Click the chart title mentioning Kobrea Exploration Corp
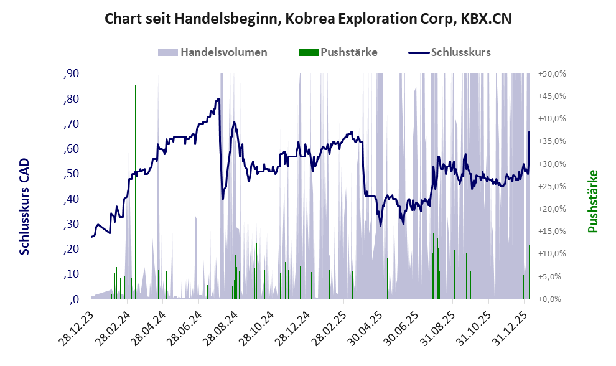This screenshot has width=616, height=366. point(308,19)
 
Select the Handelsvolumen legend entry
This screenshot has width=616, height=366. point(223,52)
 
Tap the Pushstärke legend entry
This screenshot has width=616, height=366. point(348,52)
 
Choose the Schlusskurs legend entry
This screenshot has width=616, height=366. point(460,52)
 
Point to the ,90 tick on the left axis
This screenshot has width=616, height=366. point(71,74)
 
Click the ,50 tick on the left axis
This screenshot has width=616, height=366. point(71,174)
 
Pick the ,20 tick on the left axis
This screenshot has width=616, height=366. point(71,249)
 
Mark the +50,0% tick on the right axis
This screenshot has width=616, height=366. point(551,73)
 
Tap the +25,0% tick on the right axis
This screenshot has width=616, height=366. point(551,186)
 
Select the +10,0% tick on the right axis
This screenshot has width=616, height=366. point(551,254)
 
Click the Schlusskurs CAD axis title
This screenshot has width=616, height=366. point(25,206)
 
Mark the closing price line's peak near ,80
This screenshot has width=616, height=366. point(218,99)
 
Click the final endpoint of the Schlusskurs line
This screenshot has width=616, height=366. point(529,132)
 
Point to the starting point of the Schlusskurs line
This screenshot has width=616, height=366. point(91,237)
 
